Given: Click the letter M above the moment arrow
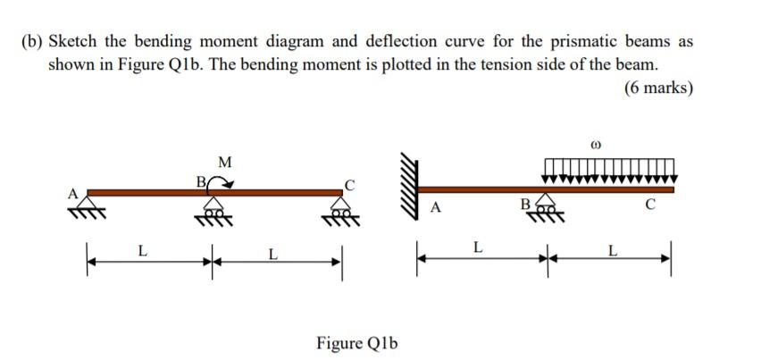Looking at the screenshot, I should pyautogui.click(x=224, y=162).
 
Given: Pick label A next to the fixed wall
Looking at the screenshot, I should pyautogui.click(x=436, y=209).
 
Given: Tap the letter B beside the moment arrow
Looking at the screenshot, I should pyautogui.click(x=201, y=181).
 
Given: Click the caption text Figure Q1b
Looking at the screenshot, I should pyautogui.click(x=356, y=343).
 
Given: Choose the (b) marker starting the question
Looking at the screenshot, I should pyautogui.click(x=33, y=42).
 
